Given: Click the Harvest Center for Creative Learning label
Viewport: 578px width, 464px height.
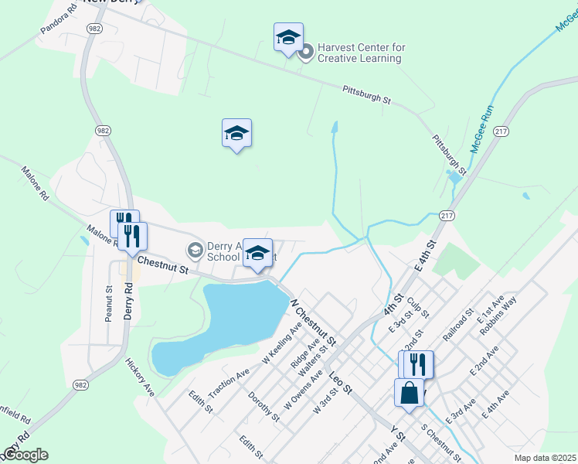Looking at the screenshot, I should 361,53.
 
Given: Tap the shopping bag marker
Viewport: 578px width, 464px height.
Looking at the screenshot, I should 409,392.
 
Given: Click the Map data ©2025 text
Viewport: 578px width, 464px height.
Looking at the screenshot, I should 546,458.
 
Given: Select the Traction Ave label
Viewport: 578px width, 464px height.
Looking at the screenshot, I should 229,383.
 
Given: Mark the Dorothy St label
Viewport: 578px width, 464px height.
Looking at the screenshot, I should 263,407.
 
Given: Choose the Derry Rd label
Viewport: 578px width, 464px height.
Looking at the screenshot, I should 129,300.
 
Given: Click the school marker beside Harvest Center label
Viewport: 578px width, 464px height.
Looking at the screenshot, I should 288,38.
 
